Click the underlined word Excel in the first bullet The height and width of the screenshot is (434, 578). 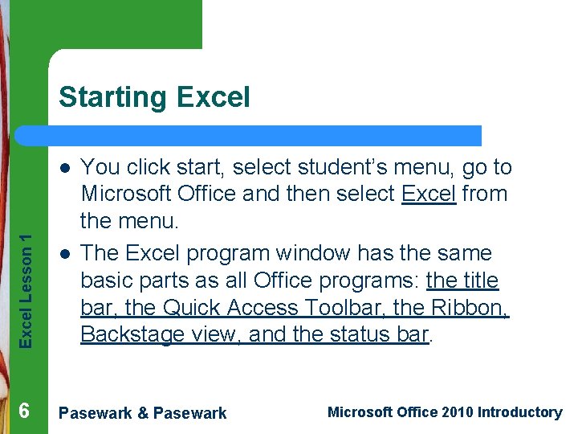429,194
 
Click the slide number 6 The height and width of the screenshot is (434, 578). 24,411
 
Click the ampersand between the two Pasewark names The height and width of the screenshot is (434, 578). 143,413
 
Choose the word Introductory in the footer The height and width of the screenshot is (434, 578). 519,412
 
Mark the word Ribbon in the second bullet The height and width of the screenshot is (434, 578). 475,308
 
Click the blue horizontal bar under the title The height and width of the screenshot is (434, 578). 265,135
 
